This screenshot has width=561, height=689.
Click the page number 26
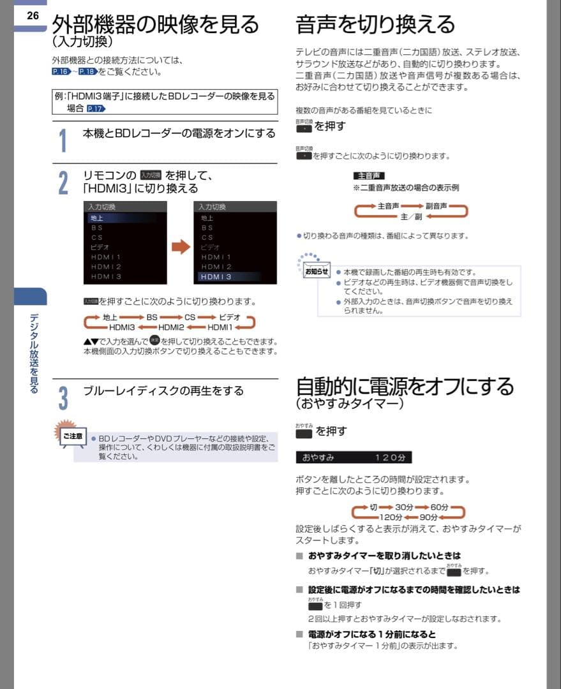click(32, 15)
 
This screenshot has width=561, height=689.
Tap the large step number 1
click(63, 140)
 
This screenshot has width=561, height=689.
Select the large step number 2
click(63, 182)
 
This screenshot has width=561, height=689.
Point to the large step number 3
click(63, 397)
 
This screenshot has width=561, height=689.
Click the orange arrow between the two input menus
click(181, 247)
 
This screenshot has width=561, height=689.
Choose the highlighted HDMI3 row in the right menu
click(235, 277)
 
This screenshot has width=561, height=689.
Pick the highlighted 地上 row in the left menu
click(121, 218)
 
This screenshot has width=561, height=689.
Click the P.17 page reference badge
click(96, 109)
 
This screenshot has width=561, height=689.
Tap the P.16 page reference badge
click(61, 72)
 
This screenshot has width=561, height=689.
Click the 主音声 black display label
click(368, 175)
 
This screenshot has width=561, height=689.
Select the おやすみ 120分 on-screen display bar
click(354, 457)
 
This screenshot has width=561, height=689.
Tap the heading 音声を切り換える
click(375, 24)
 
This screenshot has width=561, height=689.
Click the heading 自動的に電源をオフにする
click(405, 387)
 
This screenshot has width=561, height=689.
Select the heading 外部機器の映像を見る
click(155, 24)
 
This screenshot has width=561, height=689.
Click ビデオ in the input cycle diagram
click(230, 317)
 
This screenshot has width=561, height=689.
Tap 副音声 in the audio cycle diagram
click(437, 206)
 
